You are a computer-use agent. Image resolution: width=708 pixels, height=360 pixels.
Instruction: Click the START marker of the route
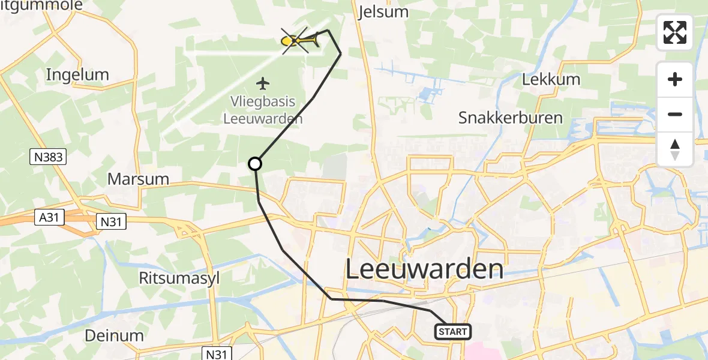pyautogui.click(x=452, y=332)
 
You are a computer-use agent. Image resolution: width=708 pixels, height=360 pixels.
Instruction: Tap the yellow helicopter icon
pyautogui.click(x=299, y=40)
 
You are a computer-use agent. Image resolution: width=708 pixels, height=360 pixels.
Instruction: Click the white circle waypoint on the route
pyautogui.click(x=255, y=164)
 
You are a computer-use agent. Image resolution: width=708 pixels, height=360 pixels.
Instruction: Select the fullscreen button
pyautogui.click(x=675, y=32)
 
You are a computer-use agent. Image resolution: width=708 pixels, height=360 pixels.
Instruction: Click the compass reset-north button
pyautogui.click(x=675, y=149)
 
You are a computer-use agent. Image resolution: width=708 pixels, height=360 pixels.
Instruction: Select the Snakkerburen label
pyautogui.click(x=511, y=118)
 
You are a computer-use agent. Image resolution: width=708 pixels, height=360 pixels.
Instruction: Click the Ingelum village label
pyautogui.click(x=78, y=75)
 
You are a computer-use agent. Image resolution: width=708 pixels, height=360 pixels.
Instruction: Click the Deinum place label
pyautogui.click(x=114, y=335)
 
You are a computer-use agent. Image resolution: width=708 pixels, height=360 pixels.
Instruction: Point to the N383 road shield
pyautogui.click(x=47, y=158)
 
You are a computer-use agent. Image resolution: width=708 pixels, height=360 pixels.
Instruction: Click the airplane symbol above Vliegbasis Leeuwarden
pyautogui.click(x=263, y=82)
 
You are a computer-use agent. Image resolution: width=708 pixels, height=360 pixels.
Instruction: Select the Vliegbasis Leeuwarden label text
pyautogui.click(x=263, y=109)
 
